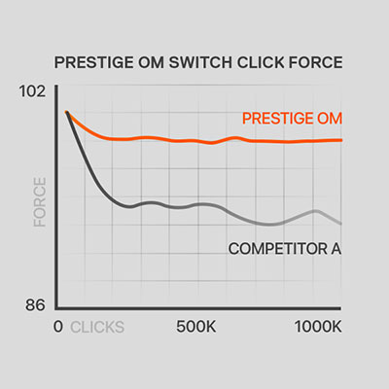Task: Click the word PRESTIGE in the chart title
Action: [x=93, y=62]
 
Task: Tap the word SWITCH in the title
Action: [x=200, y=62]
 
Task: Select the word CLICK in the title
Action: [x=261, y=62]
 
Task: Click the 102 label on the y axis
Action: [x=32, y=91]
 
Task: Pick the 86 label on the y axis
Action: [x=35, y=305]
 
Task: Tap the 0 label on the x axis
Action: [x=58, y=327]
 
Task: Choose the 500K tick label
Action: [x=196, y=327]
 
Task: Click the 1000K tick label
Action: [x=318, y=327]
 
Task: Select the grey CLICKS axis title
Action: [x=97, y=327]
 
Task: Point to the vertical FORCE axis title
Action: [x=40, y=202]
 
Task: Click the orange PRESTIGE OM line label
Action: [x=292, y=119]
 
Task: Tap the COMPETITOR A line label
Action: [x=285, y=249]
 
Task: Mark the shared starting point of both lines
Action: [x=67, y=113]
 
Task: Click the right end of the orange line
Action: [x=341, y=140]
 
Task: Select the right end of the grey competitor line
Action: [x=340, y=224]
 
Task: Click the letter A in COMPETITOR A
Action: [x=336, y=249]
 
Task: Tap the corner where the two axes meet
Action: [x=56, y=308]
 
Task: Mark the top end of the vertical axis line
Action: [x=56, y=86]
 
